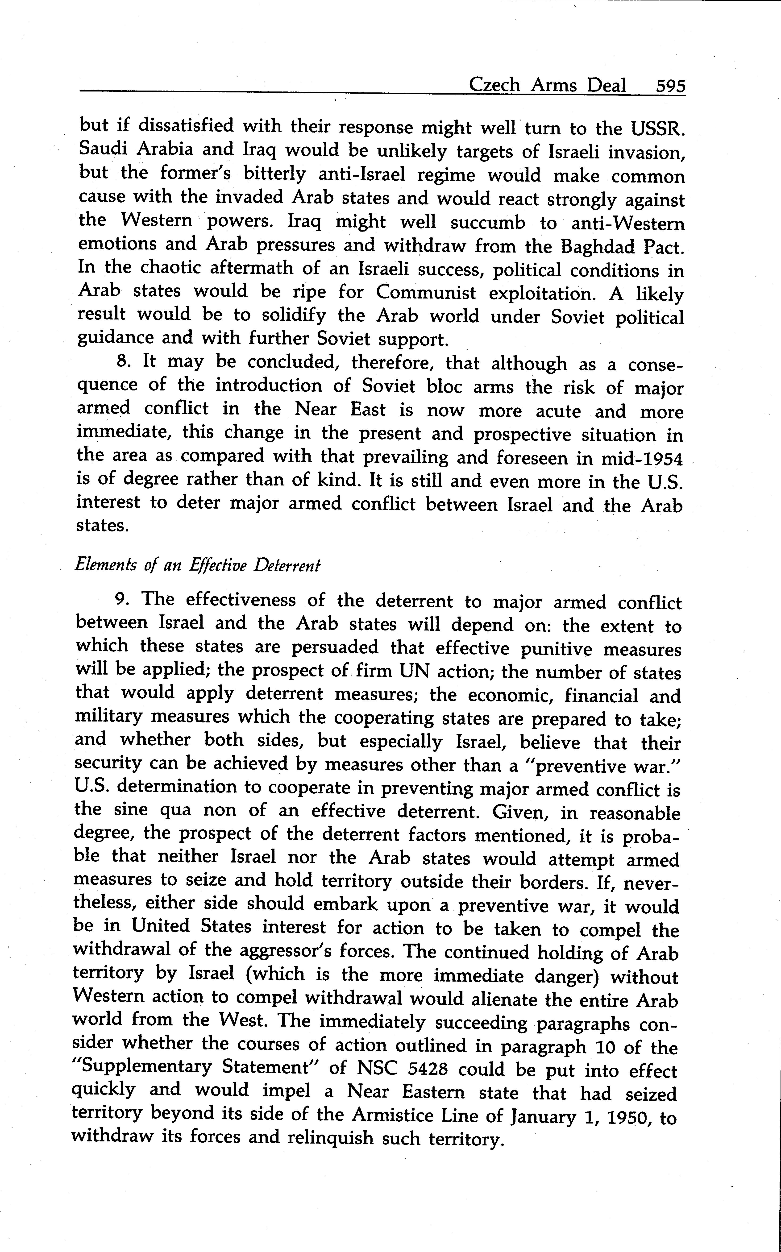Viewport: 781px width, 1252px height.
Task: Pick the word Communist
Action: click(426, 293)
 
